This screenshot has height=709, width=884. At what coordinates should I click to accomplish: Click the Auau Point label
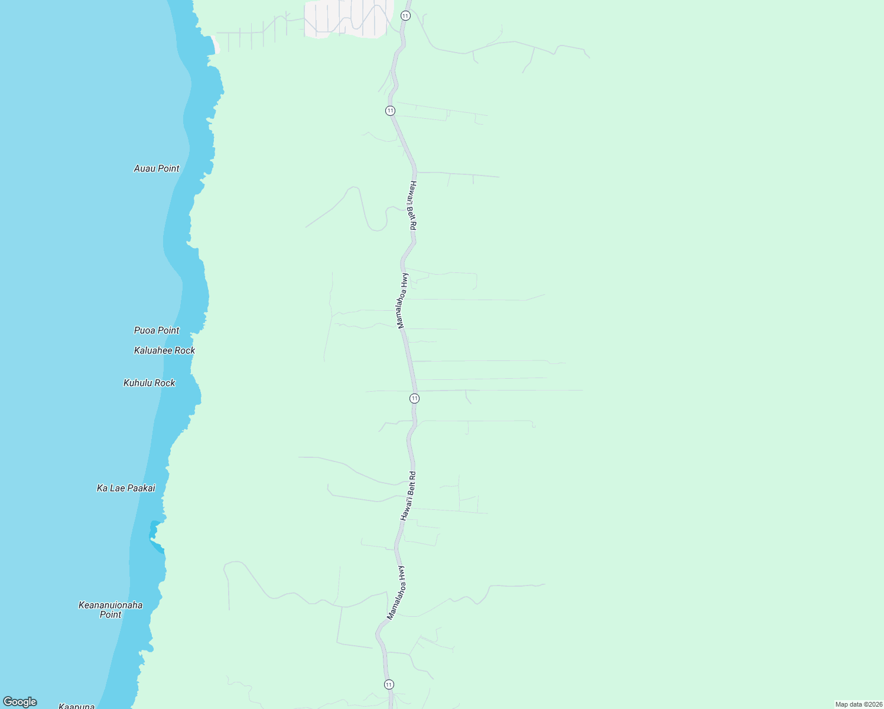[x=157, y=168]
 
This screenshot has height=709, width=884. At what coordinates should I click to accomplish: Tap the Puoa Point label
[x=157, y=330]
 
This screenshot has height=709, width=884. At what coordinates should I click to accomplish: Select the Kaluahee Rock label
[x=164, y=350]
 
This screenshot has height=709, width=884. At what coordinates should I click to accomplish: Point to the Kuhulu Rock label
[x=149, y=383]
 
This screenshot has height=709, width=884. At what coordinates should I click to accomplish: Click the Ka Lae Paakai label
[x=126, y=488]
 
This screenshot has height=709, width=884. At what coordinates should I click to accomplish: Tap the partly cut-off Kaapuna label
[x=77, y=706]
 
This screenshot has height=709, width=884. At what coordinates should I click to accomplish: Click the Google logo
[x=20, y=702]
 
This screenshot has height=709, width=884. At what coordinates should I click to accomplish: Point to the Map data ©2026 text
[x=859, y=704]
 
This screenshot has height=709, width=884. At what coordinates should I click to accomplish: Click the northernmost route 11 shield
[x=405, y=15]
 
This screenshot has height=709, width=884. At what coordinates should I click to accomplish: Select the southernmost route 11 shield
[x=388, y=684]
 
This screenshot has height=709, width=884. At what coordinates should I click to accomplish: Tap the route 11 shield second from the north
[x=390, y=110]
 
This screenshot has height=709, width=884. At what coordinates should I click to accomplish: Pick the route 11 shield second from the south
[x=414, y=398]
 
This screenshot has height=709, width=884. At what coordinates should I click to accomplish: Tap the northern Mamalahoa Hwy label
[x=402, y=301]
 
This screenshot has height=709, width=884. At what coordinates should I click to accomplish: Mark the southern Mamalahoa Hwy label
[x=395, y=593]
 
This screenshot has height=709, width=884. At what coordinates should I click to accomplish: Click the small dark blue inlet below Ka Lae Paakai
[x=154, y=531]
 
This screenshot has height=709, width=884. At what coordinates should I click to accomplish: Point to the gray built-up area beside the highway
[x=349, y=18]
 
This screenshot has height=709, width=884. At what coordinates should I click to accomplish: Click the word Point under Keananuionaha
[x=110, y=614]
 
